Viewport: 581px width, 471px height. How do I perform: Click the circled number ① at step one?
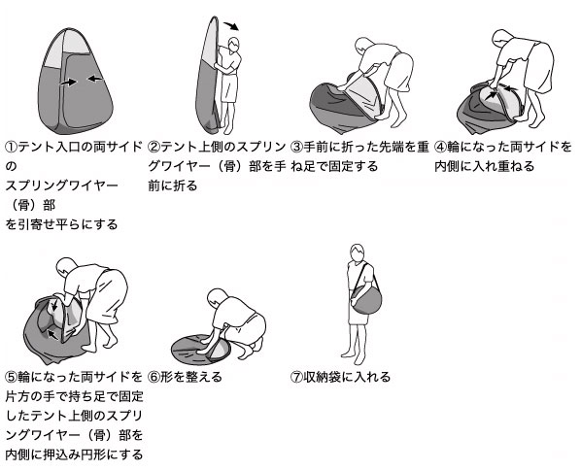tap(11, 148)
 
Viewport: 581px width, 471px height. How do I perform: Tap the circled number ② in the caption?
tap(154, 148)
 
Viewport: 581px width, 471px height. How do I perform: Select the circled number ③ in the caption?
tap(296, 148)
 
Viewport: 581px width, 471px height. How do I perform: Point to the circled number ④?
tap(440, 148)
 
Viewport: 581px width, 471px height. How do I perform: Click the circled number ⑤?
tap(11, 378)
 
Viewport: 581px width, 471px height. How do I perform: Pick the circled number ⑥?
tap(154, 378)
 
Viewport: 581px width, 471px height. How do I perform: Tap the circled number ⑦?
tap(296, 378)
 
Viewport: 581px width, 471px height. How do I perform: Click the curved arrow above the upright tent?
tap(231, 25)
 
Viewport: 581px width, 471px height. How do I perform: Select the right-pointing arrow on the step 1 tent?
tap(69, 82)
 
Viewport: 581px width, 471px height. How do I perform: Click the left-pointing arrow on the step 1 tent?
tap(95, 78)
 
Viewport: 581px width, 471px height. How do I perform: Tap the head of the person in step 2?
tap(234, 45)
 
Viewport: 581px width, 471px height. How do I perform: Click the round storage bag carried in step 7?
tap(366, 299)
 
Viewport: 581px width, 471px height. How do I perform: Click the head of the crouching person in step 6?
tap(217, 298)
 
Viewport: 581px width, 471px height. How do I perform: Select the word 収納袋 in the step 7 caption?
tap(323, 378)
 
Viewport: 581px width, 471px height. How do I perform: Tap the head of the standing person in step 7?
tap(358, 252)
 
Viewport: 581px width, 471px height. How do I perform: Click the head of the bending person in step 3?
tap(364, 47)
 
